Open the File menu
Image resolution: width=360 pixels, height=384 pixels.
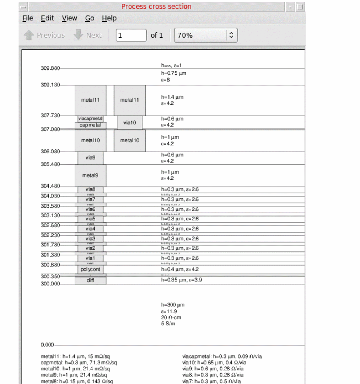(28, 18)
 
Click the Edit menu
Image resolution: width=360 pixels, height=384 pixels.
(47, 18)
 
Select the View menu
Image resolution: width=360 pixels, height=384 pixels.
(69, 18)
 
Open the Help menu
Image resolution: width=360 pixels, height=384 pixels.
(109, 18)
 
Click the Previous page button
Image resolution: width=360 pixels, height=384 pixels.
(44, 35)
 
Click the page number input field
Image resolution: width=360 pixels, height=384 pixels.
(131, 35)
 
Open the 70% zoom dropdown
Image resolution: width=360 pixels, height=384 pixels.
(206, 35)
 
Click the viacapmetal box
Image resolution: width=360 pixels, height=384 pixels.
(91, 119)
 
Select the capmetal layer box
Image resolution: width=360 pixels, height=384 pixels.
(91, 125)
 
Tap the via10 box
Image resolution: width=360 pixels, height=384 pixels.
(130, 123)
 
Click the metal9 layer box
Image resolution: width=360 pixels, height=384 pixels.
(90, 175)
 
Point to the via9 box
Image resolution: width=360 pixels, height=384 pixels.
(90, 158)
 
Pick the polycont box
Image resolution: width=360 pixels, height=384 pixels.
(91, 269)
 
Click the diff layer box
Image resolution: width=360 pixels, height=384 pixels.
(90, 281)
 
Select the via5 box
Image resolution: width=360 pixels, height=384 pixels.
(90, 219)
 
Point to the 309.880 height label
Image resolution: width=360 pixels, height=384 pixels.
(50, 68)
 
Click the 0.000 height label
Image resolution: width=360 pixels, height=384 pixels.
(48, 345)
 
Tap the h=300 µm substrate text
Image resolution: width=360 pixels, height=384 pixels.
(173, 305)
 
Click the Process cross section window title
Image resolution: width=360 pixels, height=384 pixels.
(156, 6)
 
